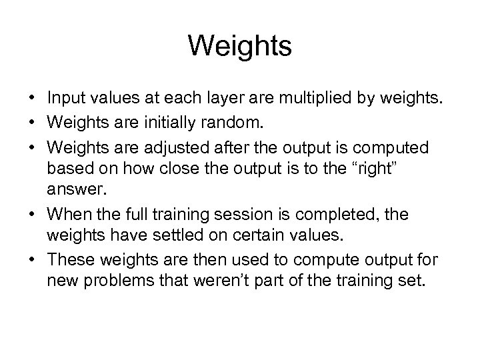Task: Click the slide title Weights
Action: click(240, 46)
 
